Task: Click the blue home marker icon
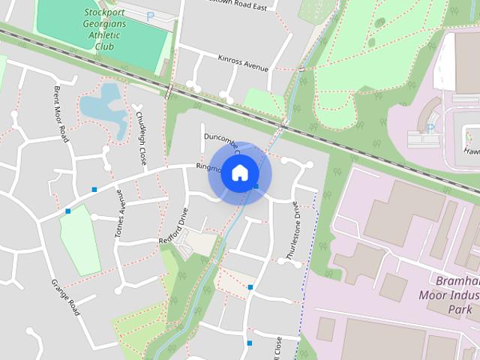point(239,173)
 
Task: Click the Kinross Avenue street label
point(242,62)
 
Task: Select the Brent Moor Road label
point(61,113)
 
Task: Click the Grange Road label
point(65,297)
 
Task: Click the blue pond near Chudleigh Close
point(103,104)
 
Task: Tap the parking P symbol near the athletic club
point(150,16)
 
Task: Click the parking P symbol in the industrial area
point(430,128)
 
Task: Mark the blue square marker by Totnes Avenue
point(94,189)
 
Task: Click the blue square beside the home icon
point(256,186)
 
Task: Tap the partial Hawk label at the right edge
point(472,151)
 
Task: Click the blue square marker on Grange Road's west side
point(67,211)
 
